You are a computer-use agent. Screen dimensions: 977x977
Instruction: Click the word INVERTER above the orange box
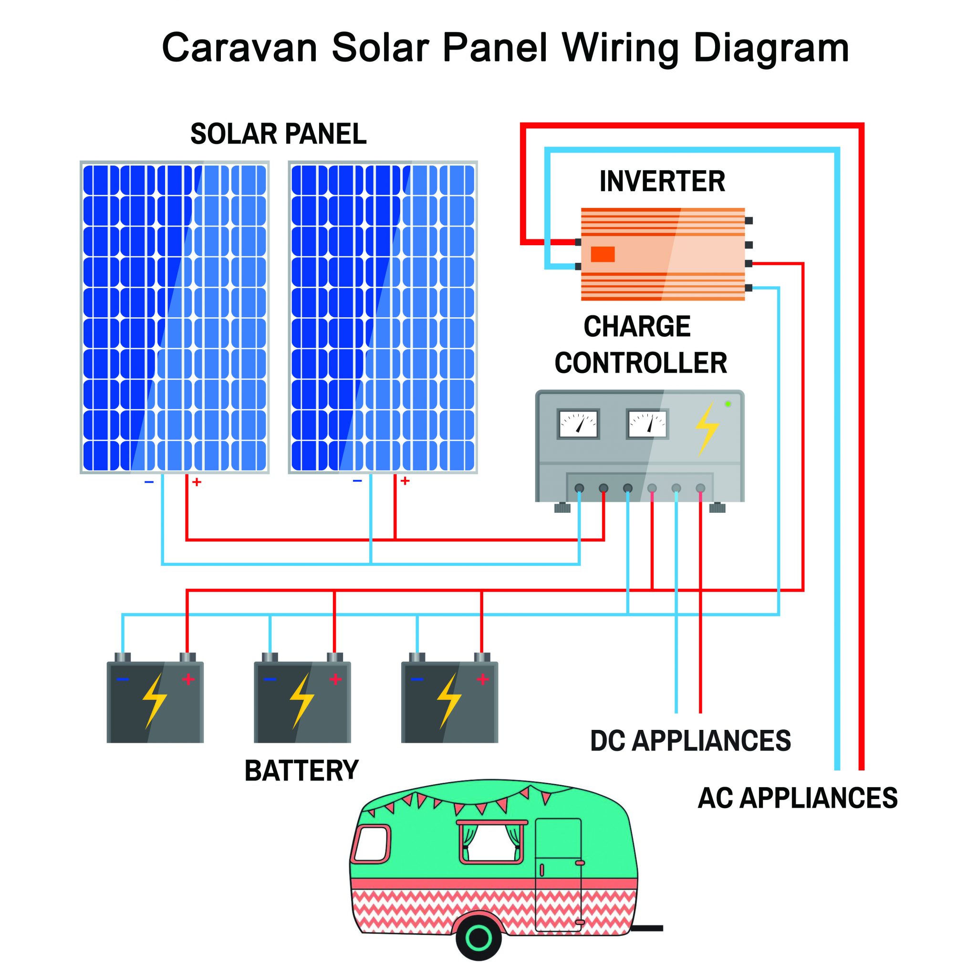click(x=662, y=182)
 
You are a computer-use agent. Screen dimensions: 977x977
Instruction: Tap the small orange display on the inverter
click(x=603, y=254)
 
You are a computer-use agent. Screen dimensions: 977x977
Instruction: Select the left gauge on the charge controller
click(x=578, y=424)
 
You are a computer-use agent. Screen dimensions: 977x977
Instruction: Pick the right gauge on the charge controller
click(x=647, y=424)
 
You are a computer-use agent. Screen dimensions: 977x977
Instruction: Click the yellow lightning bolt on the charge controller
click(x=707, y=429)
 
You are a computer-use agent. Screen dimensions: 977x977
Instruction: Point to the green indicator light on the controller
click(x=728, y=404)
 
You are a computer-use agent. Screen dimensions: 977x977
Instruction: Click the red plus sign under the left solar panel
click(x=197, y=482)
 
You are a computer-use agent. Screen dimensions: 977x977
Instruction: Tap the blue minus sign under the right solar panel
click(x=357, y=481)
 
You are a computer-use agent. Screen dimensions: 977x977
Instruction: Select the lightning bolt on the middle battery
click(x=301, y=701)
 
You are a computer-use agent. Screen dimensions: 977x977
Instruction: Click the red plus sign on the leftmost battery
click(x=188, y=679)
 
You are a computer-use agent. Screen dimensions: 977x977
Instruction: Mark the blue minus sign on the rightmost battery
click(x=416, y=679)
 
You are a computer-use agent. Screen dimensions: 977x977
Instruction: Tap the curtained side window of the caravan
click(x=490, y=842)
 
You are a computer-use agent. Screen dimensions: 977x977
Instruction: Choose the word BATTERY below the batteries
click(x=301, y=771)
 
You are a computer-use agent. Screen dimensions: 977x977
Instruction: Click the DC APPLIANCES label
click(x=690, y=741)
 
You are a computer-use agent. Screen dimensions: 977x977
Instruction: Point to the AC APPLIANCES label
click(x=798, y=798)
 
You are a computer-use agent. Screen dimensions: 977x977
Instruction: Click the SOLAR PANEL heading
click(x=278, y=134)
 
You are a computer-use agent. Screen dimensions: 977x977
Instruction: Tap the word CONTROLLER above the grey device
click(x=641, y=363)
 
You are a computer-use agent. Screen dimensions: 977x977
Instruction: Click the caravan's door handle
click(x=580, y=862)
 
